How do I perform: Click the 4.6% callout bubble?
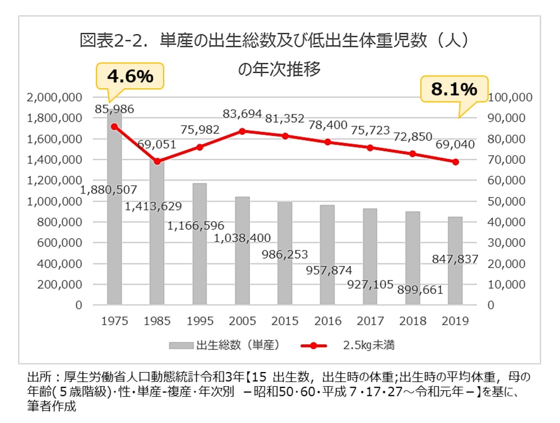pos(130,76)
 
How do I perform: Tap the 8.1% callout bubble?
pos(454,89)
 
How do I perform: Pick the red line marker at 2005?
pos(242,131)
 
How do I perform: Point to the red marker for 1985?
pos(157,161)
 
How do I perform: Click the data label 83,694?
pos(242,114)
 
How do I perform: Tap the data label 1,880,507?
pos(109,189)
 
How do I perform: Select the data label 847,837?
pos(455,259)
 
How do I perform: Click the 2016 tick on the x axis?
pos(328,321)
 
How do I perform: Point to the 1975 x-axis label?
pos(114,321)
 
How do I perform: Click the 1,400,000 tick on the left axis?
pos(54,160)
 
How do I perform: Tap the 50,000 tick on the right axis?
pos(506,201)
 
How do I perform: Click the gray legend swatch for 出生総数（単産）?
pos(181,346)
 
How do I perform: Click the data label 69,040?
pos(455,144)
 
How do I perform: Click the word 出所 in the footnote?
pos(39,377)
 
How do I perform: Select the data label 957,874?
pos(329,270)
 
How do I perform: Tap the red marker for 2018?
pos(413,154)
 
